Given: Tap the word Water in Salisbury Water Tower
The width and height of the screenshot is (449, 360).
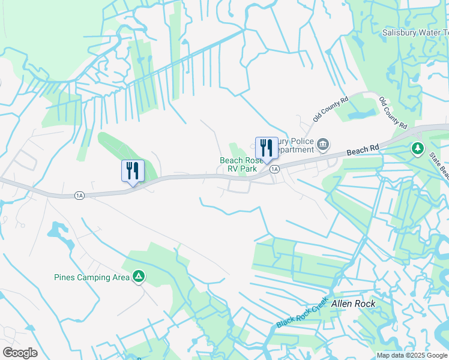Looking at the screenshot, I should (x=433, y=32).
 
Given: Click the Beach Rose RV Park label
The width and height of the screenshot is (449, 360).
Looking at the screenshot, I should (x=238, y=164).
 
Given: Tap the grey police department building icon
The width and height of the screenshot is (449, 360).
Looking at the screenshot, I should (x=323, y=145).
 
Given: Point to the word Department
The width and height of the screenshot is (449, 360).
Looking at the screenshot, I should (x=292, y=149).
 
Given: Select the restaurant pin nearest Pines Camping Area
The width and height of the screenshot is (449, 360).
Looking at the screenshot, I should (x=133, y=171).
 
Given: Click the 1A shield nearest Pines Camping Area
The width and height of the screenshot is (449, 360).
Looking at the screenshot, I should (x=79, y=195).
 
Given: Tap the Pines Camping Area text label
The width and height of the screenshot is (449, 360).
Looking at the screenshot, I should (x=91, y=277).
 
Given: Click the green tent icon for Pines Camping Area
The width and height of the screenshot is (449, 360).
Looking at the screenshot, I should (x=139, y=277).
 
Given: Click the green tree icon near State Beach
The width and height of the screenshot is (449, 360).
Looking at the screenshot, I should (x=417, y=148).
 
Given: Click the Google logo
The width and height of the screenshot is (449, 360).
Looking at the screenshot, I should (x=20, y=353).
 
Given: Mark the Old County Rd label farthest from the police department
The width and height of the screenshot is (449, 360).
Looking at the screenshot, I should (x=393, y=113).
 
